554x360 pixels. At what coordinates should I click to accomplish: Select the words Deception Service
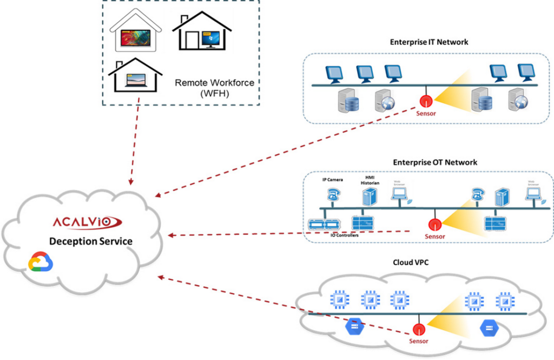click(90, 241)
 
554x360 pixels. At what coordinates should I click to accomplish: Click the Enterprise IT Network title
click(429, 42)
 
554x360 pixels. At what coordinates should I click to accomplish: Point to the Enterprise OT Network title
click(435, 162)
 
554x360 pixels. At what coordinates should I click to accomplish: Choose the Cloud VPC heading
click(414, 263)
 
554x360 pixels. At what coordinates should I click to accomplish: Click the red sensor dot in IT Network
click(425, 101)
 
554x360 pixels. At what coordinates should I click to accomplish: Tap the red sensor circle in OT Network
click(433, 224)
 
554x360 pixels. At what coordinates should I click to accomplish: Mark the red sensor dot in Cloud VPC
click(418, 329)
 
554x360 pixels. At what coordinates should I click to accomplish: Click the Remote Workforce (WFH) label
click(214, 88)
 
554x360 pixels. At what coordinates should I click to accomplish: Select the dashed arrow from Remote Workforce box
click(134, 141)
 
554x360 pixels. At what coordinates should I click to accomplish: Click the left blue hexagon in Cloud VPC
click(354, 326)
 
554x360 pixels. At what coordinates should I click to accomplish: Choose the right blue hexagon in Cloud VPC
click(488, 328)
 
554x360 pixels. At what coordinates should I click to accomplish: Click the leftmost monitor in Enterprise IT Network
click(332, 73)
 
